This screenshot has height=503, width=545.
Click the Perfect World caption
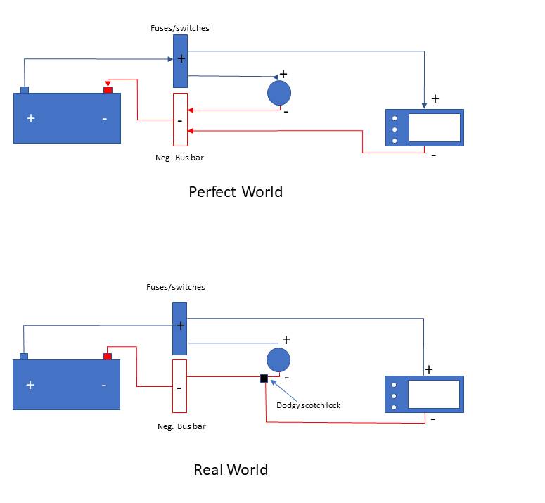click(x=236, y=191)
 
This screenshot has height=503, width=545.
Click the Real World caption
click(x=231, y=469)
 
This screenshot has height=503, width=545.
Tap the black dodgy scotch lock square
click(x=264, y=378)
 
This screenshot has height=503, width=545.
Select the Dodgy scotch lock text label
click(x=308, y=405)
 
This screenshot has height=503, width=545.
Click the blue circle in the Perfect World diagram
click(x=279, y=93)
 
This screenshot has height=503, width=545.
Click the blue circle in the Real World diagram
click(x=278, y=359)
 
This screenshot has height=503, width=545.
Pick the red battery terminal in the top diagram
click(x=108, y=89)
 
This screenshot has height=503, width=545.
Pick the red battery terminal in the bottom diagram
click(x=108, y=356)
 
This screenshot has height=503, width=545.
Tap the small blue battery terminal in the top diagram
click(x=25, y=89)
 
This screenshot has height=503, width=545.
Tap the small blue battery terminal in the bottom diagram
click(x=24, y=356)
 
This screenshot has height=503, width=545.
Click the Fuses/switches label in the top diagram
click(x=180, y=28)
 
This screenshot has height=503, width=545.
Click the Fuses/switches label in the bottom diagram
click(x=176, y=287)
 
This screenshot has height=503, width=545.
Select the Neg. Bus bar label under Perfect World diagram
click(x=179, y=158)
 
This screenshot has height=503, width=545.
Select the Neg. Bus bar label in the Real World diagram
click(x=181, y=426)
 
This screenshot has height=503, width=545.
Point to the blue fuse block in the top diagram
click(x=180, y=61)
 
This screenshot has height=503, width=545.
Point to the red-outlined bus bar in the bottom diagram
click(x=179, y=386)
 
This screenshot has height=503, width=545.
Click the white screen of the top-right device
click(x=434, y=127)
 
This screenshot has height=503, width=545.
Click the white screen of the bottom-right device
click(x=433, y=394)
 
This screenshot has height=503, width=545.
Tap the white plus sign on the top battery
click(x=30, y=118)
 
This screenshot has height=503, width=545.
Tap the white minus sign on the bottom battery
click(x=104, y=386)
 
